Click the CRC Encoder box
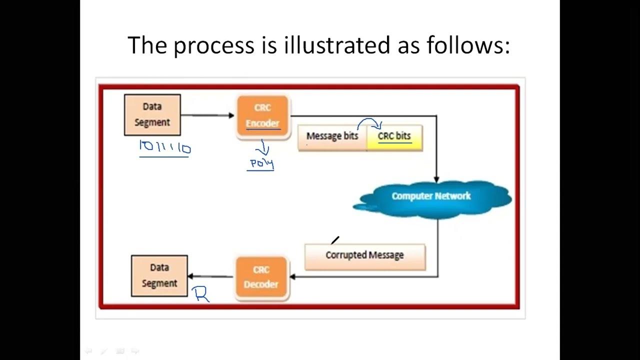click(x=262, y=116)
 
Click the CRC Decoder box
click(x=261, y=277)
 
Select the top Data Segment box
click(x=152, y=115)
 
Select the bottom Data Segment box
click(x=159, y=276)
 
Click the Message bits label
click(x=332, y=136)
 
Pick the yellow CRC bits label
click(x=394, y=136)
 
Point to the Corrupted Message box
click(x=364, y=255)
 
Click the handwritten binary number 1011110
click(x=165, y=148)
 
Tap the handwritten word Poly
click(x=261, y=163)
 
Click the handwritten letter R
click(x=201, y=294)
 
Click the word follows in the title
click(x=467, y=45)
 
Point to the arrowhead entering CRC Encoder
click(x=231, y=115)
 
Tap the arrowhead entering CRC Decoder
click(x=292, y=276)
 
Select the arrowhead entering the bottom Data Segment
click(x=190, y=276)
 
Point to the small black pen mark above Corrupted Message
click(x=335, y=240)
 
